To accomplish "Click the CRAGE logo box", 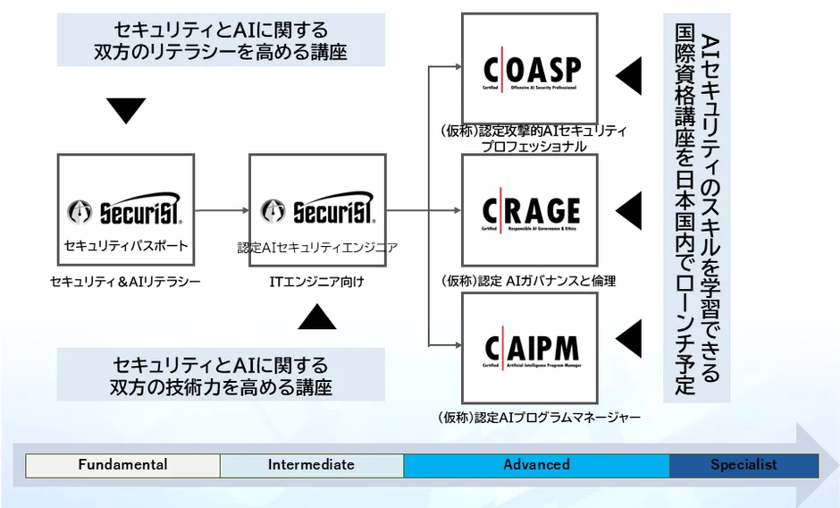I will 529,210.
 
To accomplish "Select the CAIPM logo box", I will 529,347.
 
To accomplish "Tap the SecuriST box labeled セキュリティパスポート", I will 125,211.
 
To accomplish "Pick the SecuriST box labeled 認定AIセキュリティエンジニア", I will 317,211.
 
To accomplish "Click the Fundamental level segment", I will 122,465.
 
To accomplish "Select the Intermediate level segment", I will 311,465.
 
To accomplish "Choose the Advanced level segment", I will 536,465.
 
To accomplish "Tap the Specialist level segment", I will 743,465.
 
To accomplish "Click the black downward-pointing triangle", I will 125,110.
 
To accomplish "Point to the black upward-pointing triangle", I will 316,317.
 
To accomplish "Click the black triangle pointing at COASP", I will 629,76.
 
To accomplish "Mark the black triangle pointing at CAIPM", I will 629,340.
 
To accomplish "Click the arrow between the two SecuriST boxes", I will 222,211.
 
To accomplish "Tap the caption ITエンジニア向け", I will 317,282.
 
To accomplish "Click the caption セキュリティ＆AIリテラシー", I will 125,282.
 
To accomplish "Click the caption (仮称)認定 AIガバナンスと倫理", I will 528,281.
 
